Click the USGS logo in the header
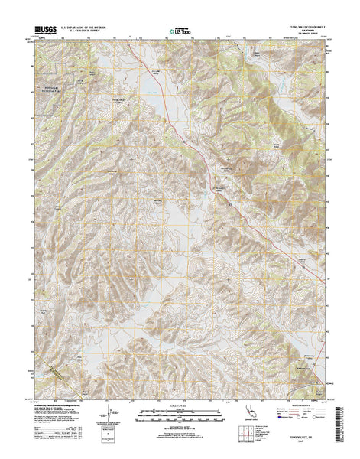43,34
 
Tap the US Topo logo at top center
180,33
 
